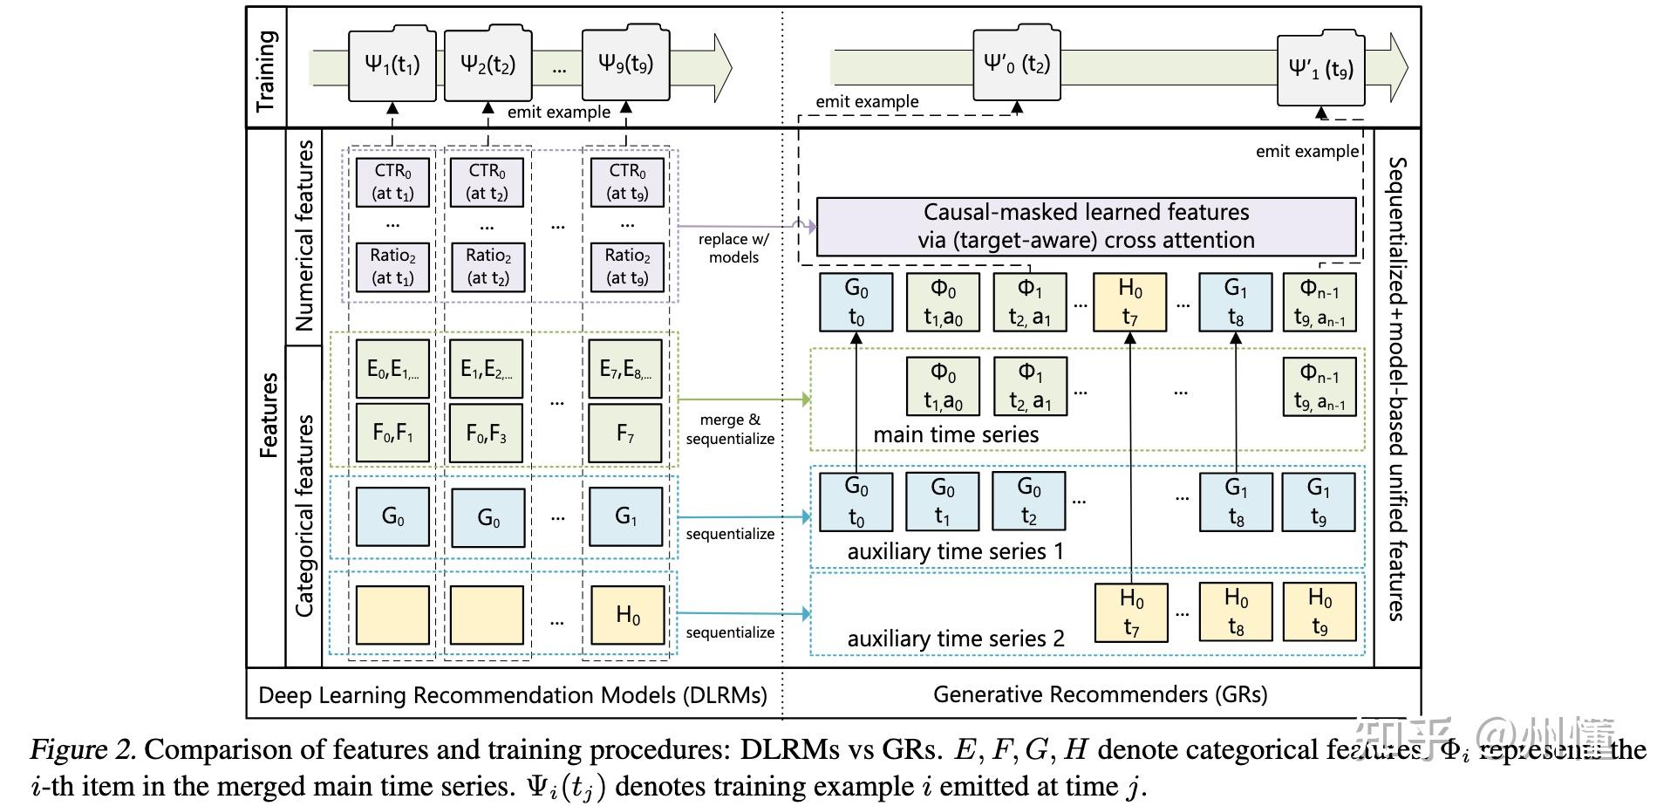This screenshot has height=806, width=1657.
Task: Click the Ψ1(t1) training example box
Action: pyautogui.click(x=392, y=65)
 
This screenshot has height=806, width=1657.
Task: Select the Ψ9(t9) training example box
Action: pyautogui.click(x=625, y=64)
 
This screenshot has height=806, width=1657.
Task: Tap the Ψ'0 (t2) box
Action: pyautogui.click(x=1016, y=64)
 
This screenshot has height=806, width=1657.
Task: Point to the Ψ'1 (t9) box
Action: pyautogui.click(x=1320, y=70)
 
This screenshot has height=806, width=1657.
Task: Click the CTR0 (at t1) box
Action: pyautogui.click(x=392, y=181)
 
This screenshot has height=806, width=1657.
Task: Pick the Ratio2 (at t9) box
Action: pyautogui.click(x=627, y=266)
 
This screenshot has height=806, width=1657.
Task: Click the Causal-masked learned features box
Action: pyautogui.click(x=1086, y=226)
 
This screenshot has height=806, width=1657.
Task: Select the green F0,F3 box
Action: pyautogui.click(x=487, y=433)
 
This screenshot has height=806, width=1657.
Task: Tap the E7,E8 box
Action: pyautogui.click(x=625, y=370)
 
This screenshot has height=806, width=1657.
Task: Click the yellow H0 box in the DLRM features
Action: pyautogui.click(x=627, y=615)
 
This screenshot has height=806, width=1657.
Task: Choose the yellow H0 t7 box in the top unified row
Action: pyautogui.click(x=1129, y=302)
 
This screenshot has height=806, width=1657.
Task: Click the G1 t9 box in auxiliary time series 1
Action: pyautogui.click(x=1318, y=502)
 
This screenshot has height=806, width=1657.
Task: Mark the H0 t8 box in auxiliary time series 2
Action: pyautogui.click(x=1235, y=611)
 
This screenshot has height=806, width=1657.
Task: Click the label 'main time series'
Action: pyautogui.click(x=956, y=434)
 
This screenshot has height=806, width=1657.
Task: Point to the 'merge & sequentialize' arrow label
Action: pyautogui.click(x=730, y=429)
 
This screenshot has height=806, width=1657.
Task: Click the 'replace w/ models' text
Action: pyautogui.click(x=733, y=248)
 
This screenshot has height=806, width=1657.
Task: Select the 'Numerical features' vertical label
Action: pyautogui.click(x=303, y=236)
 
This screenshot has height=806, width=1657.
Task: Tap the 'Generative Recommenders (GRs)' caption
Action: pyautogui.click(x=1100, y=694)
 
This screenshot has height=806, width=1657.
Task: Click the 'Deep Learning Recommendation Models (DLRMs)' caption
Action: pyautogui.click(x=513, y=695)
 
